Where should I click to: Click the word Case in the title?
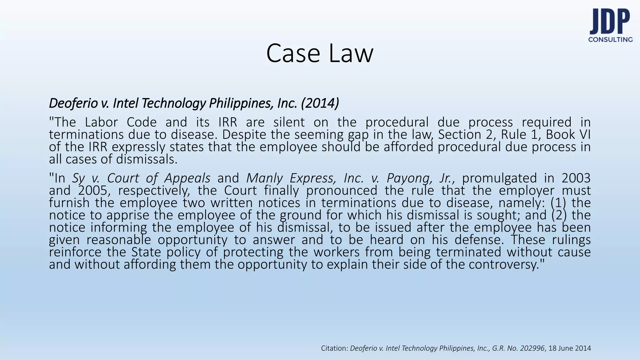tap(293, 53)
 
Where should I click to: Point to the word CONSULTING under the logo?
tap(610, 40)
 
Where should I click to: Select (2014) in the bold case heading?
tap(320, 103)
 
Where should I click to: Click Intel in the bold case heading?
tap(125, 103)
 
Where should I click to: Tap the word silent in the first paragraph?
tap(289, 122)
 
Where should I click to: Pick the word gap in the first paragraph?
tap(355, 135)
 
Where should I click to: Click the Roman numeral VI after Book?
tap(585, 135)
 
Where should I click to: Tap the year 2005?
tap(93, 190)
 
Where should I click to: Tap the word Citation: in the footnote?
tap(334, 348)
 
